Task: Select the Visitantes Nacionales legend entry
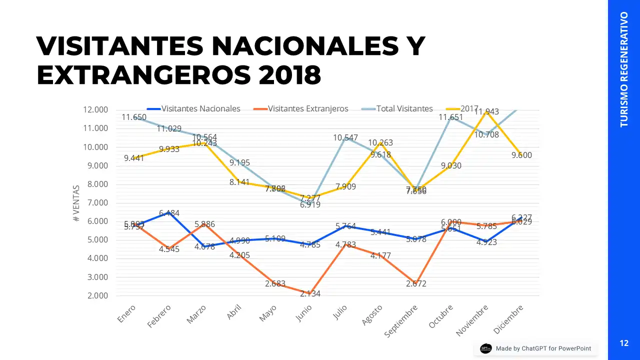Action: click(200, 108)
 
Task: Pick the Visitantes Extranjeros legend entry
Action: click(307, 108)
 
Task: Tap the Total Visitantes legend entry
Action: click(404, 108)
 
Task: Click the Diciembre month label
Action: click(508, 318)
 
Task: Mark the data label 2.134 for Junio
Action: click(310, 294)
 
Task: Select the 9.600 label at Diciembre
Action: click(521, 155)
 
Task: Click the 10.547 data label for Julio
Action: click(345, 137)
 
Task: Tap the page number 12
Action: click(624, 343)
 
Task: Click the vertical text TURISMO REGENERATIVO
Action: click(624, 69)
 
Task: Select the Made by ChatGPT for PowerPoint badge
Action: click(536, 348)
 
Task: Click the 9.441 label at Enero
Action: click(133, 158)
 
